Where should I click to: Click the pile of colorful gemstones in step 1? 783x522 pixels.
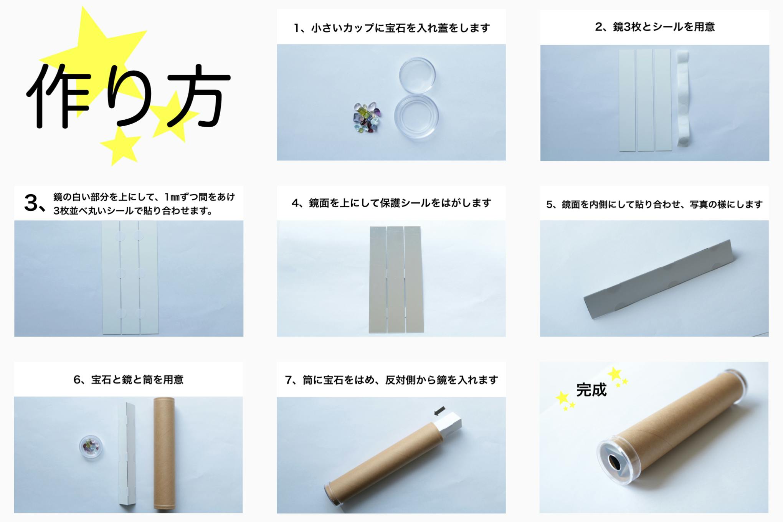(x=367, y=117)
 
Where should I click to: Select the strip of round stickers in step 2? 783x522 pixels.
(x=683, y=99)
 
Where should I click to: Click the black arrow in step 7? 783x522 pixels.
(x=440, y=411)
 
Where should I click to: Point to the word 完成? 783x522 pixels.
(x=591, y=390)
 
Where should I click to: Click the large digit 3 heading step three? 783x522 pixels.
(x=31, y=203)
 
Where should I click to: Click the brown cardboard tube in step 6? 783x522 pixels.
(x=164, y=454)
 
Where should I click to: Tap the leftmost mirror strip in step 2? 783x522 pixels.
(x=627, y=100)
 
